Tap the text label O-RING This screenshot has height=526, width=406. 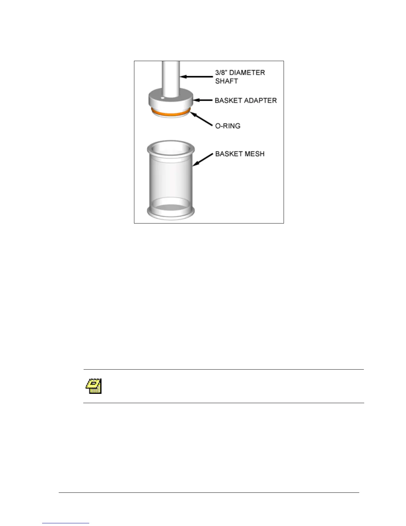pyautogui.click(x=228, y=126)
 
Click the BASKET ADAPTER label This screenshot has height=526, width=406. pyautogui.click(x=245, y=100)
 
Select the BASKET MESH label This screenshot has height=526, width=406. pyautogui.click(x=240, y=154)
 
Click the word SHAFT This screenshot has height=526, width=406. pyautogui.click(x=227, y=81)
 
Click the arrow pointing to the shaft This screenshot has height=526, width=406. pyautogui.click(x=196, y=77)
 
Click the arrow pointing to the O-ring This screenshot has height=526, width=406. pyautogui.click(x=201, y=119)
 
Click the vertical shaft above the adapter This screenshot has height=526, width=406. pyautogui.click(x=171, y=76)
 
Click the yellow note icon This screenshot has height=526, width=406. pyautogui.click(x=94, y=386)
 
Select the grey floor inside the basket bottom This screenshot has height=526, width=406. pyautogui.click(x=170, y=207)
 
